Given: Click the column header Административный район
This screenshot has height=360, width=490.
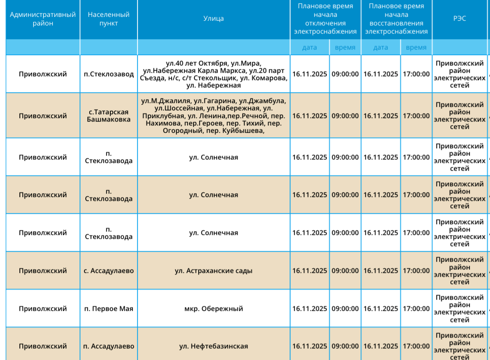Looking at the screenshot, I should (43, 19).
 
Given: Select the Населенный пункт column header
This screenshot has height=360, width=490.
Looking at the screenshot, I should (109, 19).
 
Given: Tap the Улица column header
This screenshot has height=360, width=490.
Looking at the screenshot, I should (214, 19).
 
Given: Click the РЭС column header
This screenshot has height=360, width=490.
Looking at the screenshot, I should (459, 19).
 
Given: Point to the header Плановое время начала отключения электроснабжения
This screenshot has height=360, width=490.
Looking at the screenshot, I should (325, 19).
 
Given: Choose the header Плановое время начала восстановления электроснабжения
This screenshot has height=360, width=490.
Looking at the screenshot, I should (396, 19).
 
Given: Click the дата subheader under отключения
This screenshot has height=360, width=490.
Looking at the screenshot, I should (309, 47).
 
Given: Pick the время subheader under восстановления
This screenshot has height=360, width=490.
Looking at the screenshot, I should (416, 47).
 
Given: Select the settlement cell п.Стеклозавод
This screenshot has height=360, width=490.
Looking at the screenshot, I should (109, 74).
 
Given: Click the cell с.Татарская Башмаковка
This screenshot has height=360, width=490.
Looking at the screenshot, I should (109, 116).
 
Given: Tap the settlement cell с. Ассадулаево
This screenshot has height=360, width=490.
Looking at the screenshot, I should (109, 271).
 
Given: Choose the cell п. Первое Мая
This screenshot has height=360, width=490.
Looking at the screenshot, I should (109, 309).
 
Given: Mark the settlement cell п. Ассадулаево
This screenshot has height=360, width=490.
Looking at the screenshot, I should (109, 346).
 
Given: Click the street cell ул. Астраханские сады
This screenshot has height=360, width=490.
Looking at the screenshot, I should (214, 271).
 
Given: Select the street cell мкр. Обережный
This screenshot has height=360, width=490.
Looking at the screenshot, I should (214, 309).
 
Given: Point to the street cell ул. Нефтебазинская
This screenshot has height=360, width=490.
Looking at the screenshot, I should (214, 346).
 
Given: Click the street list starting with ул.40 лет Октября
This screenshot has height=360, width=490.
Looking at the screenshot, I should (214, 74).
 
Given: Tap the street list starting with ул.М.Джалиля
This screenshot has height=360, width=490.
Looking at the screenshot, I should (214, 116).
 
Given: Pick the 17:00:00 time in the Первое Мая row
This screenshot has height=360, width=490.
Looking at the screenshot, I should (416, 309).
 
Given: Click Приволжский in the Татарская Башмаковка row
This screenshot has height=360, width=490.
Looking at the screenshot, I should (43, 116).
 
